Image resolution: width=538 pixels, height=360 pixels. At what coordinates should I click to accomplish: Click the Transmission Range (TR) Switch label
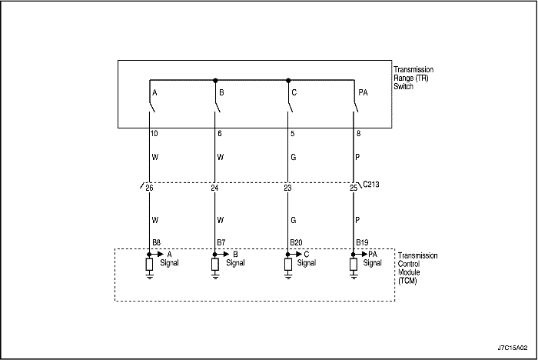coord(413,78)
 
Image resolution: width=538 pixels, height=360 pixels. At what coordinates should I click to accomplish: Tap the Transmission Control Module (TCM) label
coord(417,268)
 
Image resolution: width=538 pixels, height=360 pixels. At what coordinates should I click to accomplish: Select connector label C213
coord(371,185)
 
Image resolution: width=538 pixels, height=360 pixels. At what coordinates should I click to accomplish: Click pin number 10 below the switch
coord(154,133)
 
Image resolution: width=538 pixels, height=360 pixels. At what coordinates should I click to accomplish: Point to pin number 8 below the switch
coord(359,133)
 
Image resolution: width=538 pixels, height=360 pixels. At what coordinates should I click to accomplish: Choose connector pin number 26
coord(149,188)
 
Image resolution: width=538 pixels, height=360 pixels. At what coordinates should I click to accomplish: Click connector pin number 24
coord(214,188)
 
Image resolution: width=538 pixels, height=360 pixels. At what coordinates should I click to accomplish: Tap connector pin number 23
coord(287,188)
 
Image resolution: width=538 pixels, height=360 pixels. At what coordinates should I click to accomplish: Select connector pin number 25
coord(354,188)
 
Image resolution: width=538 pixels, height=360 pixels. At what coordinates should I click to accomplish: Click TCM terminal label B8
coord(157,242)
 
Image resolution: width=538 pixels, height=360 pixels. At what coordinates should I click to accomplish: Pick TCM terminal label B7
coord(221,242)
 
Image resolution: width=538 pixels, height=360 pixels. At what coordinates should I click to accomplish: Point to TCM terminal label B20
coord(296,242)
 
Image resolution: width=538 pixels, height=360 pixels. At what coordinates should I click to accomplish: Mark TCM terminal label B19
coord(362,242)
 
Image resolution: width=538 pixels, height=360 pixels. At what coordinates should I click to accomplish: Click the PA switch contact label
coord(363,92)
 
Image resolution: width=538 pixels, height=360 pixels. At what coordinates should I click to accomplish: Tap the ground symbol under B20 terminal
coord(288,275)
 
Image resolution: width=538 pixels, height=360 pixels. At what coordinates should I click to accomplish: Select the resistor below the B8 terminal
coord(149,265)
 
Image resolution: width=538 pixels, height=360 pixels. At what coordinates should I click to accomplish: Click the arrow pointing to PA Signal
coord(360,254)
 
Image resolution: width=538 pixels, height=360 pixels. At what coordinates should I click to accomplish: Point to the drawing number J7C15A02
coord(513,348)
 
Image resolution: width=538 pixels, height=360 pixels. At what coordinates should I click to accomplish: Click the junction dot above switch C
coord(288,80)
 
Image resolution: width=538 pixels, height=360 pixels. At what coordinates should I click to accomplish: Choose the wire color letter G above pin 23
coord(294,157)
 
